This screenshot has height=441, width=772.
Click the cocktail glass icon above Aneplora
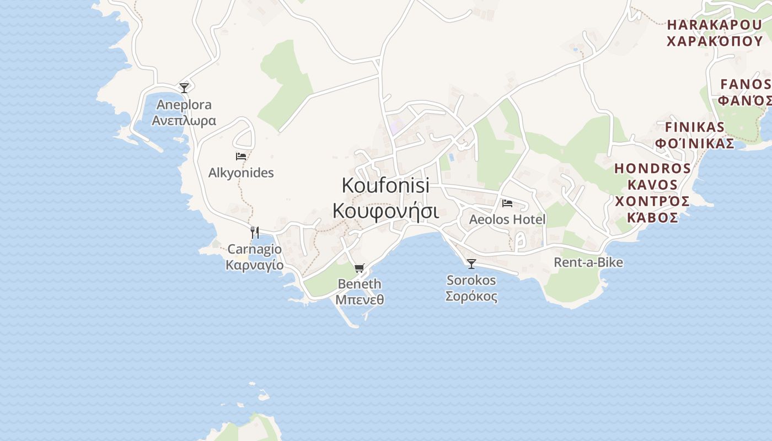(184, 88)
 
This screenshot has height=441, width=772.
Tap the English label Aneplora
(184, 105)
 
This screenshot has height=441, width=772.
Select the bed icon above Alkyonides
(241, 157)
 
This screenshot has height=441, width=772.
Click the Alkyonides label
(241, 173)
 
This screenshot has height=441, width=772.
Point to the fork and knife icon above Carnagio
(255, 232)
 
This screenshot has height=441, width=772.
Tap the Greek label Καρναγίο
(255, 265)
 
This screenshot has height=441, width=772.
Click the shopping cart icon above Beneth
(360, 268)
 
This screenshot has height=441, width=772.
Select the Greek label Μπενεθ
(360, 300)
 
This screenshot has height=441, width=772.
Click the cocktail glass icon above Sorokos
(471, 264)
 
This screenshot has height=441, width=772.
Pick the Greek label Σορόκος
(471, 297)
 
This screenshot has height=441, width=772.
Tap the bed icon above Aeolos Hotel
(507, 203)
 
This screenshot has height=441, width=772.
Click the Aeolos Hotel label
(507, 219)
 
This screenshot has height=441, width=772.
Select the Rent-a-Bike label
(588, 262)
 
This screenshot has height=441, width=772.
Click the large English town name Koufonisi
(385, 185)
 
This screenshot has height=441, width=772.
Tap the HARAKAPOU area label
(715, 25)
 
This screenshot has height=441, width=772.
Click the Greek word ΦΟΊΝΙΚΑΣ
(695, 144)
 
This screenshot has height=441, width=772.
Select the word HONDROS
(653, 168)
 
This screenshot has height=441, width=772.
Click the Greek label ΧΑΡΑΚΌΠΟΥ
(715, 41)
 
